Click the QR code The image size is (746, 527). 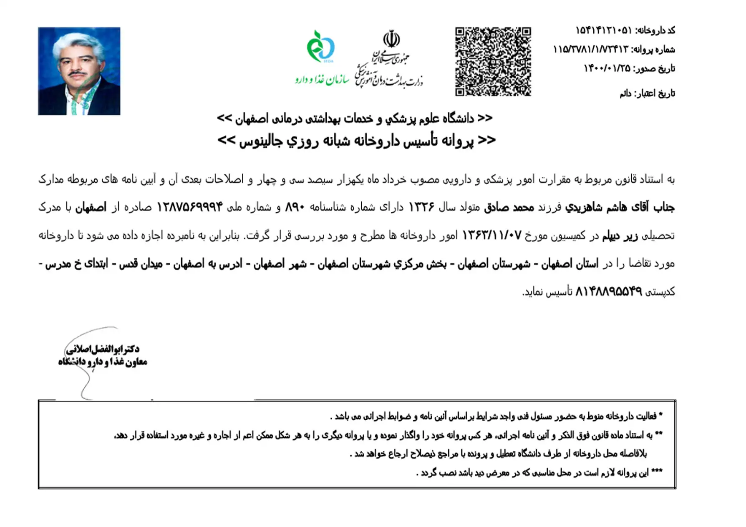point(493,62)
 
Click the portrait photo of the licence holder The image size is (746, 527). point(79,71)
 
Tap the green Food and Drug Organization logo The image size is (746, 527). point(321,46)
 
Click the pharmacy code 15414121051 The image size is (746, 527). point(603,30)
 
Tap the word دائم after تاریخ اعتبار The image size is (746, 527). point(625,94)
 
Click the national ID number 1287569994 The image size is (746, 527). point(190,207)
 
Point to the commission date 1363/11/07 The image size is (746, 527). point(491,236)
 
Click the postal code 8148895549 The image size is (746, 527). point(608,292)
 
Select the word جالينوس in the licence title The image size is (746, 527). point(259,141)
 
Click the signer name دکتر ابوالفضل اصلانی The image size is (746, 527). point(103,349)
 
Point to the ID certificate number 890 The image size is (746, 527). point(295,207)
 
